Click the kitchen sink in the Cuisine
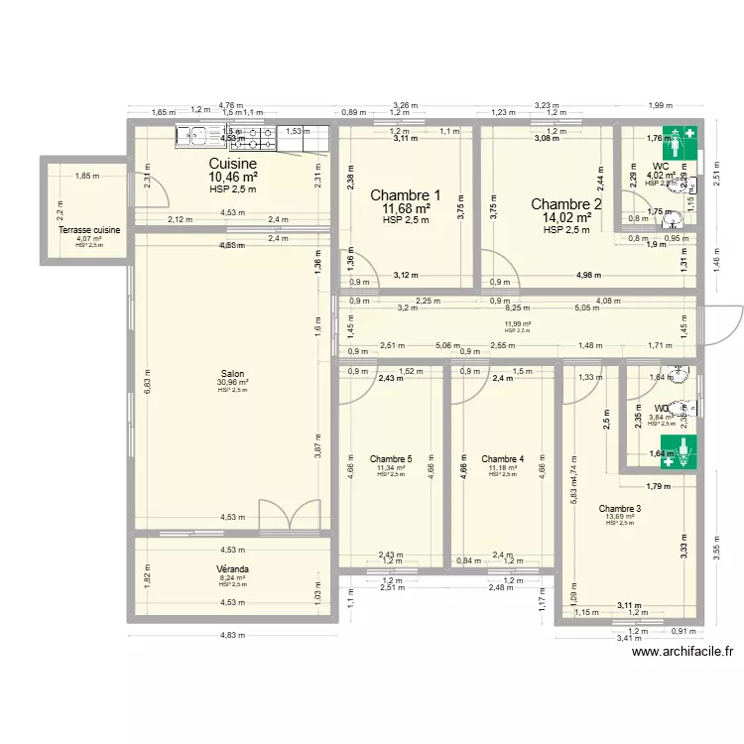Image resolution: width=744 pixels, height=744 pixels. click(197, 135)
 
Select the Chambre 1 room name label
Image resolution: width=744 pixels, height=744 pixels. click(405, 195)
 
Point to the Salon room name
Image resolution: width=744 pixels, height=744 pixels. click(233, 374)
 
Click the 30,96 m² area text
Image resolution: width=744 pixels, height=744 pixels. click(233, 383)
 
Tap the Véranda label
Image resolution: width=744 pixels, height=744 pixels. click(233, 569)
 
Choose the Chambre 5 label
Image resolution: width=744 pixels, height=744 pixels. click(391, 459)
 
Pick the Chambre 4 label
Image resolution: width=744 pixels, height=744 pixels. click(502, 459)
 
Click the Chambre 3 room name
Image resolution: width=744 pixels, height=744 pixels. click(620, 509)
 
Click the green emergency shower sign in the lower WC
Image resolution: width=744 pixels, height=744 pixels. click(682, 451)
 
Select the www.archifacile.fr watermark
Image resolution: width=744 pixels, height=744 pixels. click(681, 652)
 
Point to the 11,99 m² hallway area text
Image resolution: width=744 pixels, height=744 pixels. click(517, 323)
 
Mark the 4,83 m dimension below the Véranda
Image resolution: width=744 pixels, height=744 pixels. click(230, 635)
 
